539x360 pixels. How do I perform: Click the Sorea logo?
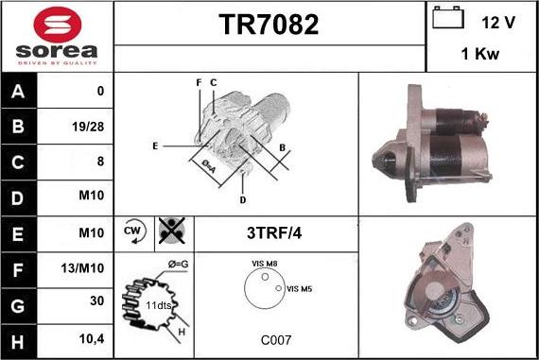point(57,35)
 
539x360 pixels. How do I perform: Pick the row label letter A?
point(19,93)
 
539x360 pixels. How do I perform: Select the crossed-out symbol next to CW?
point(171,231)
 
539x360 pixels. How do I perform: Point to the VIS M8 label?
point(265,265)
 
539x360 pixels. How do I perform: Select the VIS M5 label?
point(299,288)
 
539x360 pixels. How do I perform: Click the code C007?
point(276,337)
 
